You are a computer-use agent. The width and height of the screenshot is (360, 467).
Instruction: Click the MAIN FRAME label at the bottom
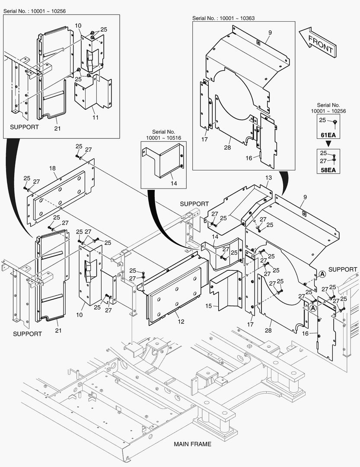(193, 444)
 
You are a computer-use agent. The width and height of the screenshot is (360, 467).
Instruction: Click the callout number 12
(181, 321)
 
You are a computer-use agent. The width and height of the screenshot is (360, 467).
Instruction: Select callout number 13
(268, 178)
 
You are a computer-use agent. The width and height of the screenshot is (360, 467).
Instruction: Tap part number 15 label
(209, 306)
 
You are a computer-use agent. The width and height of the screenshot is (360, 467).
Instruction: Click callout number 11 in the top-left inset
(96, 117)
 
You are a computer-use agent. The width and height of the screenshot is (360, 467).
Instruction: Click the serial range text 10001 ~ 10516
(163, 138)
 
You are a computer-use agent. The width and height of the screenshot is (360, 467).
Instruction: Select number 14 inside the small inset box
(173, 183)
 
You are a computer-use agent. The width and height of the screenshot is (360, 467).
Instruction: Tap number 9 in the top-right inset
(269, 32)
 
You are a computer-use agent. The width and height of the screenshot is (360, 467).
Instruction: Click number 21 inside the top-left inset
(57, 128)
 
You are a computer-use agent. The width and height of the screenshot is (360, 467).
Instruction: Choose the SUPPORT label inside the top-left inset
(24, 127)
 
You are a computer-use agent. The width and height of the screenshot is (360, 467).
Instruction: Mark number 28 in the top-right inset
(227, 147)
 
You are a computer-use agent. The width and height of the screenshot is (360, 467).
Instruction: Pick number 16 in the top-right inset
(249, 158)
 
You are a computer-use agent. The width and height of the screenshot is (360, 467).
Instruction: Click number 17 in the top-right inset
(205, 139)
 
